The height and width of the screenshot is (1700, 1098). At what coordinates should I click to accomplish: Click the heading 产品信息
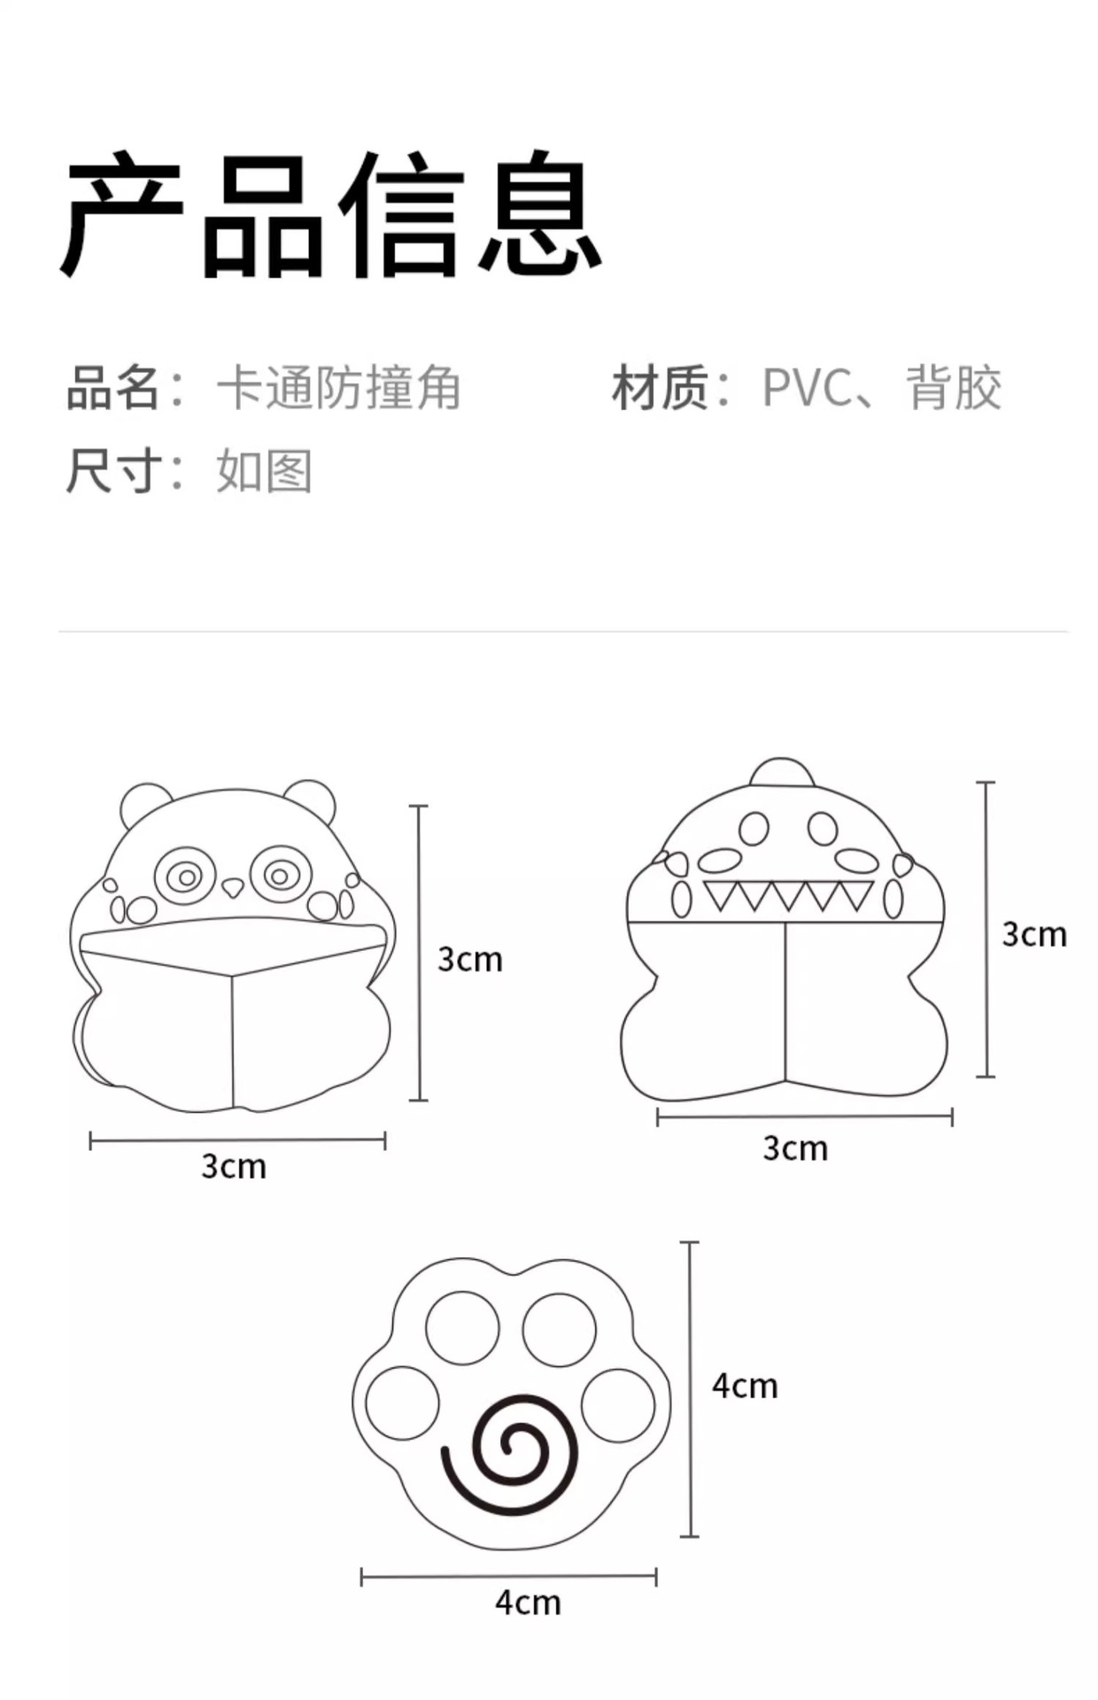(331, 214)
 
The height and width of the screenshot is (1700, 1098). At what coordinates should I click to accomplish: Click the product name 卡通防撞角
(338, 388)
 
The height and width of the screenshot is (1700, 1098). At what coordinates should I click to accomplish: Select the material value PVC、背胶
(881, 388)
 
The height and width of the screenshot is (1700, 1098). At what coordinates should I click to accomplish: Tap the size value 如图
(264, 470)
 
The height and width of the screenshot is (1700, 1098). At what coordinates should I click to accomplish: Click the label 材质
(659, 388)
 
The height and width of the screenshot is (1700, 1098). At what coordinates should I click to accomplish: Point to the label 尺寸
(113, 470)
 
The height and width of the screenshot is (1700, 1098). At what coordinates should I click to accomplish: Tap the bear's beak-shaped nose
(233, 886)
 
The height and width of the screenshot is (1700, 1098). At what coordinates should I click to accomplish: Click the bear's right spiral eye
(280, 876)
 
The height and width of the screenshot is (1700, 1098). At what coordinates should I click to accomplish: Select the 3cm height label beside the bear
(470, 959)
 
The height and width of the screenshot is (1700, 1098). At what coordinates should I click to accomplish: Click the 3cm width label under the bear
(234, 1166)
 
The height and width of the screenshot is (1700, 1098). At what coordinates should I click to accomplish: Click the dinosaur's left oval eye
(754, 829)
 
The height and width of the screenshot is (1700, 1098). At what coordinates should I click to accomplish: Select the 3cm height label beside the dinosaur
(1034, 934)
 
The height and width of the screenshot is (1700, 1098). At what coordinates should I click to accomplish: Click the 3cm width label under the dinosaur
(795, 1148)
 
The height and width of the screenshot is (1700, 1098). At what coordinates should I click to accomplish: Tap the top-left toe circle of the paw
(462, 1328)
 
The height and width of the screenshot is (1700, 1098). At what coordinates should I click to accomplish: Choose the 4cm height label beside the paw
(745, 1386)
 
